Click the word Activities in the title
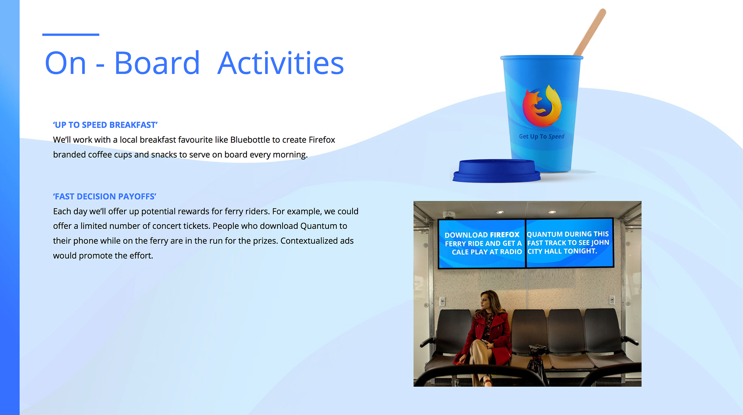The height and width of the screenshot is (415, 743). (x=281, y=63)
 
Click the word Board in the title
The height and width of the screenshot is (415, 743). (x=157, y=63)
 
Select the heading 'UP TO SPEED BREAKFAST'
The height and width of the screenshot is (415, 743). (x=105, y=125)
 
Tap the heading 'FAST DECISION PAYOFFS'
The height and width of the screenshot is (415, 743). (x=104, y=197)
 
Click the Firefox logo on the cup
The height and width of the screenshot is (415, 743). (x=543, y=106)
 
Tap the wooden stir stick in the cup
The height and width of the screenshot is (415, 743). (x=590, y=33)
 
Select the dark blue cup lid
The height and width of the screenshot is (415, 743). (x=496, y=171)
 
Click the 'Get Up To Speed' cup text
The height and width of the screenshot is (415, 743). (x=541, y=136)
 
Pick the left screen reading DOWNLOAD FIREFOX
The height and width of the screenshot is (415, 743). (x=481, y=244)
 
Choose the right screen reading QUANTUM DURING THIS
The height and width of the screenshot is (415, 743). (x=570, y=243)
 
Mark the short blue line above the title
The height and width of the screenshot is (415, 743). (x=71, y=35)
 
